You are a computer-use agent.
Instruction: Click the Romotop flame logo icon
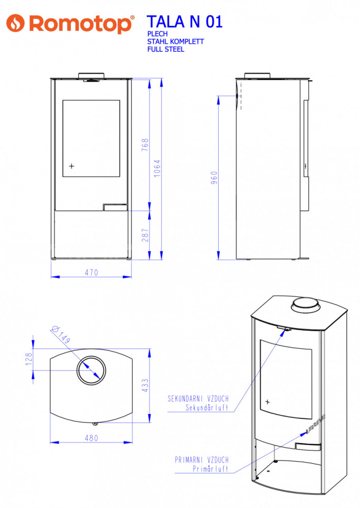pos(15,23)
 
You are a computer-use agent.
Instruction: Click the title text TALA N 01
pos(185,22)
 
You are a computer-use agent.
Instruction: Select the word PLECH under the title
pos(157,34)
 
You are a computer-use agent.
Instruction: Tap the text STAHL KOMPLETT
pos(175,42)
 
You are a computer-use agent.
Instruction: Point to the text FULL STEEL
pos(166,49)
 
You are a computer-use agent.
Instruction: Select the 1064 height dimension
pos(157,169)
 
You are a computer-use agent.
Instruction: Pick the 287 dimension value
pos(145,235)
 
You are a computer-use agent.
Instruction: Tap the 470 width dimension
pos(91,272)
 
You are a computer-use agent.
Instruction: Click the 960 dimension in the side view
pos(214,178)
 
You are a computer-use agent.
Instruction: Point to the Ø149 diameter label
pos(61,334)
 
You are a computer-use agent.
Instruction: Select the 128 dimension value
pos(29,359)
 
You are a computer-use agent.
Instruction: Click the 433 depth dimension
pos(145,386)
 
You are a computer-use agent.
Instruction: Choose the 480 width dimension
pos(91,438)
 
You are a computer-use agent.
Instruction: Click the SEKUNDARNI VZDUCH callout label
pos(198,398)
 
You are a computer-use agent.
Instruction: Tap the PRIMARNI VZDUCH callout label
pos(202,460)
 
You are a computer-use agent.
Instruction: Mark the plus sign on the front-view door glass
pos(72,166)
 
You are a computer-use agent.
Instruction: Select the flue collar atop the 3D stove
pos(306,305)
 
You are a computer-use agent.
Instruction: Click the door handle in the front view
pos(115,207)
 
